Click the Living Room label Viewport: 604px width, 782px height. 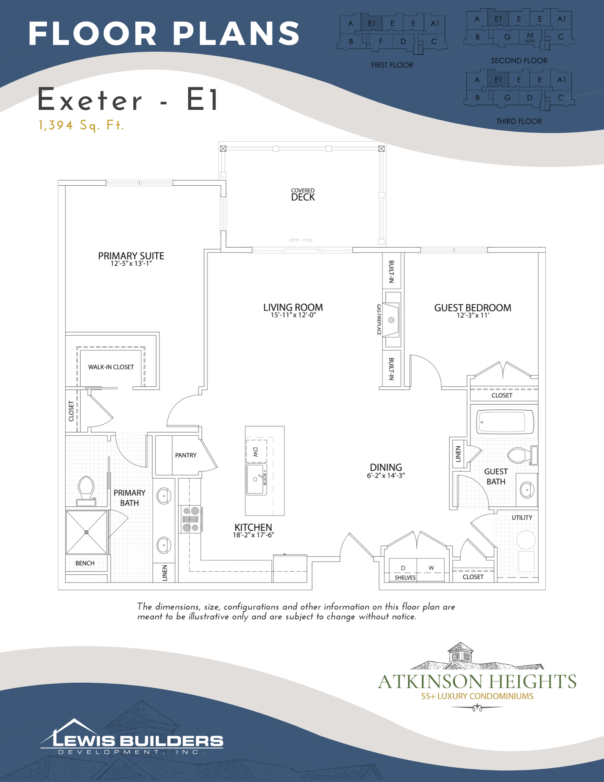293,307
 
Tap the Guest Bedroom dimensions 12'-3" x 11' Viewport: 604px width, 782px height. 473,316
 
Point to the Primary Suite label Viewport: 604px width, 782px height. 131,256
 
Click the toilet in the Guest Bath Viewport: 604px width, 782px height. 522,455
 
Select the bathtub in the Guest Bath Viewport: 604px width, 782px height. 505,422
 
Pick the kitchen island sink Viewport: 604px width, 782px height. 256,479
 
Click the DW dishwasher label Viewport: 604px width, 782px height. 256,452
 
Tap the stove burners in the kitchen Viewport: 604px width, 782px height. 191,519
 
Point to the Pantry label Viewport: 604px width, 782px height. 186,456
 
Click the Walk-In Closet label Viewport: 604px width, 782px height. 111,367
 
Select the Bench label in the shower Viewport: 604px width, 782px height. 85,563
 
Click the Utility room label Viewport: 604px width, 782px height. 522,518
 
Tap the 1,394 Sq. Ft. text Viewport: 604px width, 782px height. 81,126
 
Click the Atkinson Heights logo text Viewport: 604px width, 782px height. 477,682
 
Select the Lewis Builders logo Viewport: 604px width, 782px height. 132,737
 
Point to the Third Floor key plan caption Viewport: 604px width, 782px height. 519,122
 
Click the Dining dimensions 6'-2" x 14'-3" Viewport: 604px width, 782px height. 386,476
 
